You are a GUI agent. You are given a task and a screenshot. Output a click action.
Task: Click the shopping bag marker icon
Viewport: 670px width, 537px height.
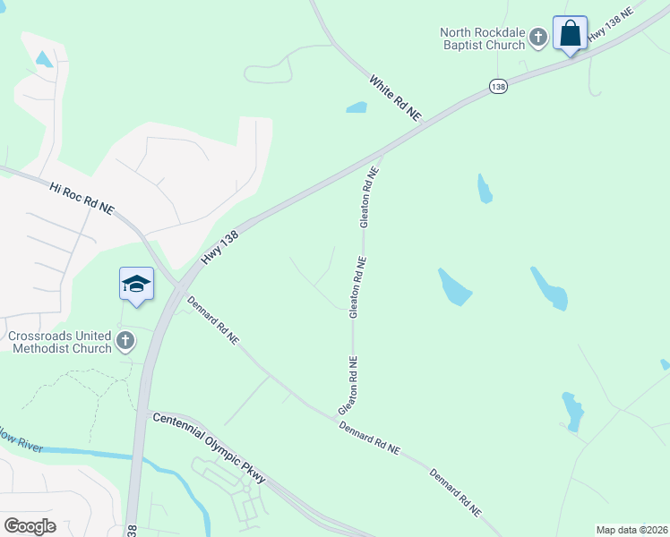coord(570,34)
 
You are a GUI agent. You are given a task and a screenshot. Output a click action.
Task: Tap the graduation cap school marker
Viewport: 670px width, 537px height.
coord(136,285)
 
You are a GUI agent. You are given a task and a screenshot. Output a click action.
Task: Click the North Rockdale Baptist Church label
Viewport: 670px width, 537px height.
coord(481,39)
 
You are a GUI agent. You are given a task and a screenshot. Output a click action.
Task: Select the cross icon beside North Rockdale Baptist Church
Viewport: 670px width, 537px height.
coord(537,38)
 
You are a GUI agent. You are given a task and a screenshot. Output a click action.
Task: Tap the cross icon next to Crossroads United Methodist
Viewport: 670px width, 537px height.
coord(125,340)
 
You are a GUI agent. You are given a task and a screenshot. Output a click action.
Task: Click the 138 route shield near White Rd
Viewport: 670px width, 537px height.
coord(499,86)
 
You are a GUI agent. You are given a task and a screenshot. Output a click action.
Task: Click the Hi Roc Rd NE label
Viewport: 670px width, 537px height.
coord(82,198)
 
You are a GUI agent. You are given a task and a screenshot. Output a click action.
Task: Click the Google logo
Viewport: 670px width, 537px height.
coord(30,525)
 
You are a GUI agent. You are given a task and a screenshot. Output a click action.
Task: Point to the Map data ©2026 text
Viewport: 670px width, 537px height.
coord(631,530)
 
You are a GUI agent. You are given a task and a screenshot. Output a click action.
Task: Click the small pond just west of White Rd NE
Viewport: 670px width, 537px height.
coord(356,108)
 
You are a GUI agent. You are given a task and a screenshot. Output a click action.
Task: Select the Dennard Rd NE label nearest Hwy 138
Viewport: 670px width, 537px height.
coord(212,320)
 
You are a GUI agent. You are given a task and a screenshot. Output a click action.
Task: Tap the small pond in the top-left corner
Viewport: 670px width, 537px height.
coord(43,60)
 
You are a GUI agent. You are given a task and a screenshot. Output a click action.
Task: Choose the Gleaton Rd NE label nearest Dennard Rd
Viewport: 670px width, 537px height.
coord(349,386)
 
